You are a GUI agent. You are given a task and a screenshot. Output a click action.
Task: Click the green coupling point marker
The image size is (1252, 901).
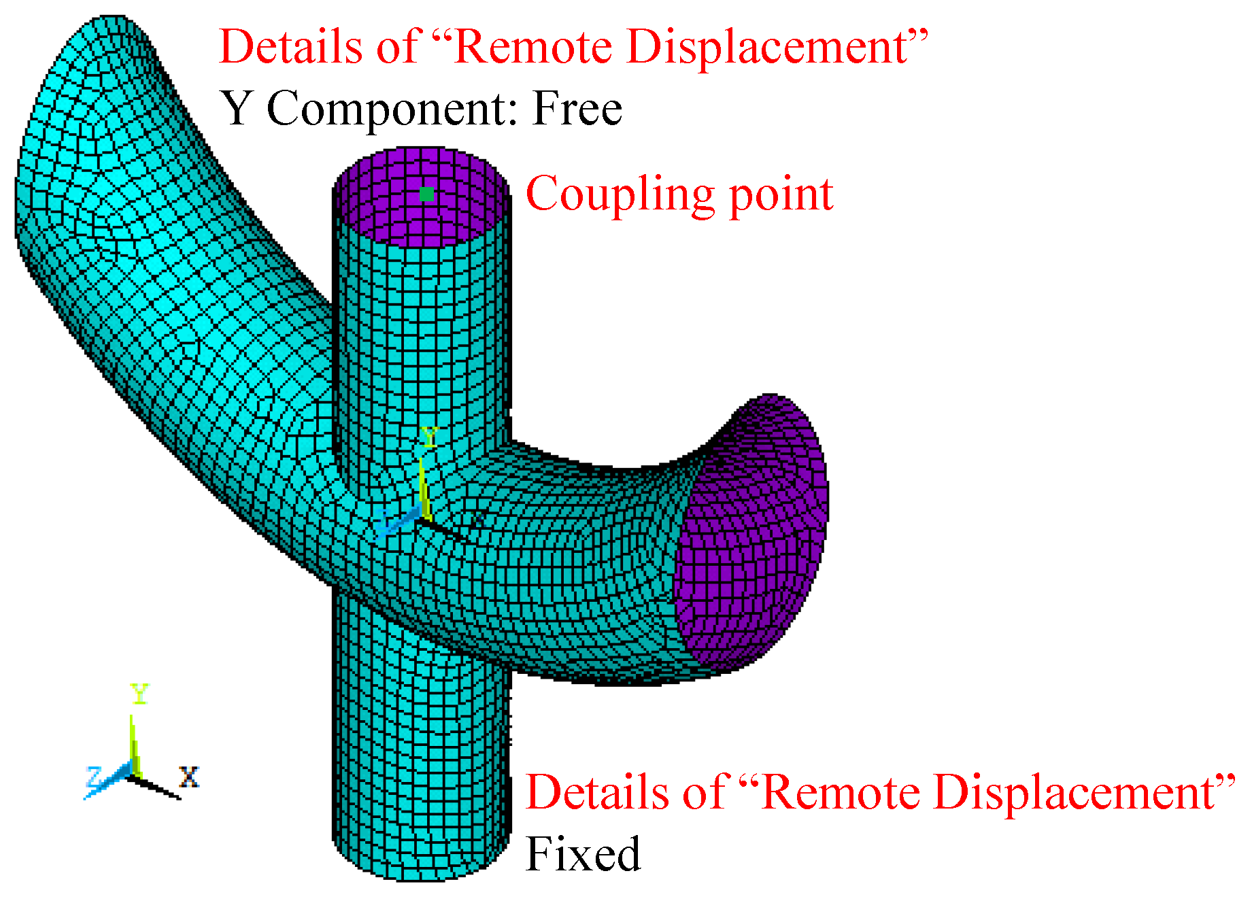(426, 194)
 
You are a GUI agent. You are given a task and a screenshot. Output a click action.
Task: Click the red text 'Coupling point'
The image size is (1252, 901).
(679, 195)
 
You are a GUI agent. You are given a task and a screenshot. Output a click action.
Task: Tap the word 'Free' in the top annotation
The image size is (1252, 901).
(577, 109)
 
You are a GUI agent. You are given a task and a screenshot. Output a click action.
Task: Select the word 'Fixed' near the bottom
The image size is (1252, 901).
(583, 854)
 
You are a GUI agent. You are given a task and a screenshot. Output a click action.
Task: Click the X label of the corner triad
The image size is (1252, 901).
(189, 777)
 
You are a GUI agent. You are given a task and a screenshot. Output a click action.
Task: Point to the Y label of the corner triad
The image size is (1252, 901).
(139, 694)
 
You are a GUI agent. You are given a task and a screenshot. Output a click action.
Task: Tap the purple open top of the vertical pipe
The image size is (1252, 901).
(422, 204)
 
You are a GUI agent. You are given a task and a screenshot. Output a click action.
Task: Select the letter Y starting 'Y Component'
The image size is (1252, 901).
(237, 109)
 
